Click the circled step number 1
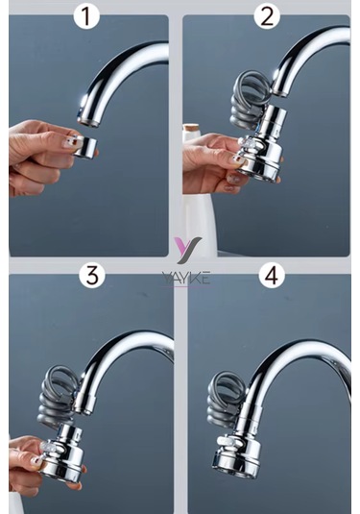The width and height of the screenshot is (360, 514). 88,16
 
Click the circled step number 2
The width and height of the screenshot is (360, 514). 268,16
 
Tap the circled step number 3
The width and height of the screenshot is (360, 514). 92,277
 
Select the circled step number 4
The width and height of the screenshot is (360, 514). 273,277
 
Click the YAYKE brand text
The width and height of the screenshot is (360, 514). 186,279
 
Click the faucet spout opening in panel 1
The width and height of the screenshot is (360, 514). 88,120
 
